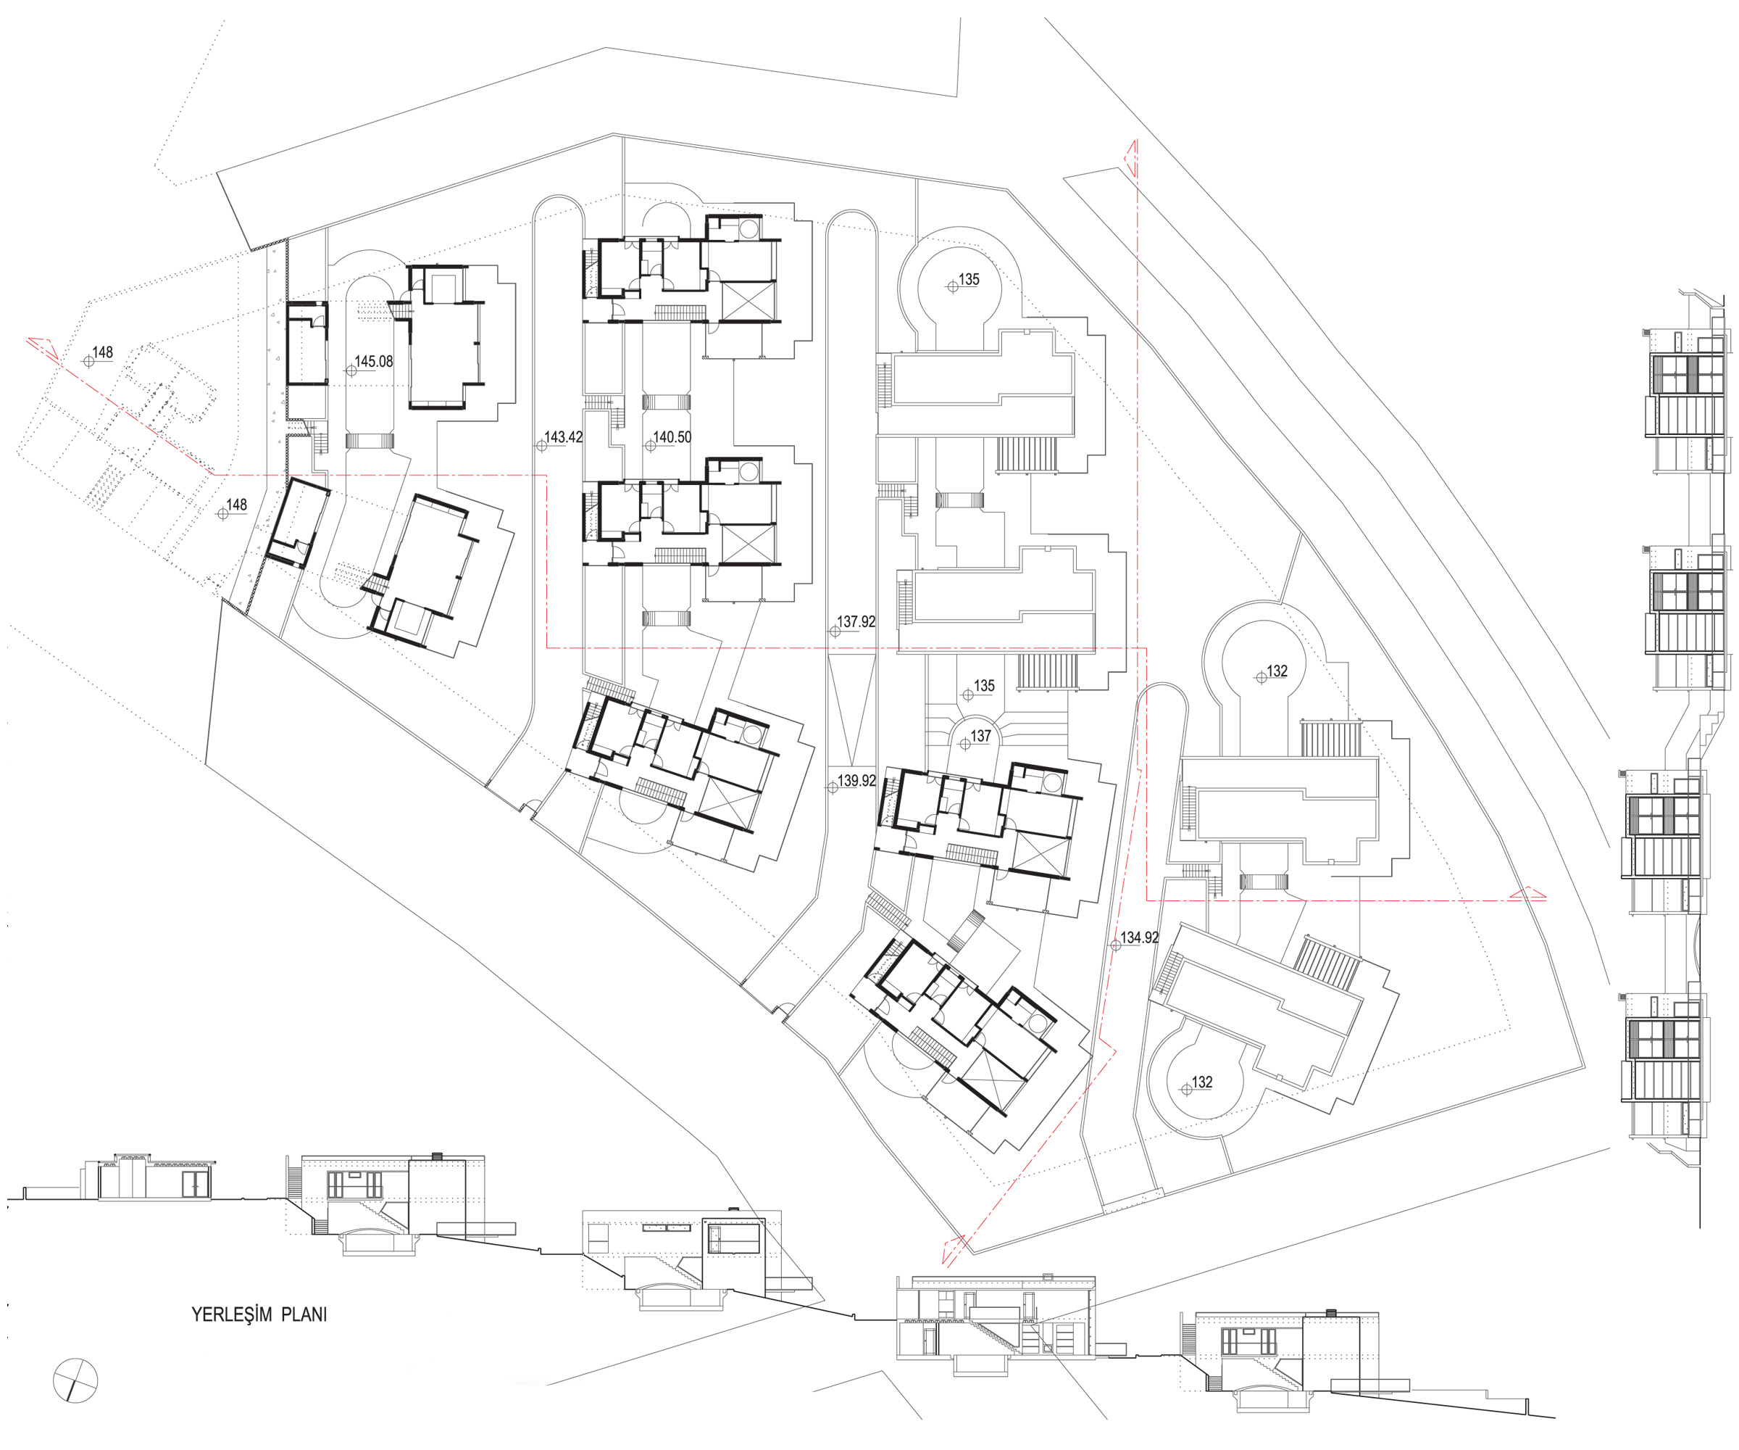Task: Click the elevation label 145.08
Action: pyautogui.click(x=373, y=362)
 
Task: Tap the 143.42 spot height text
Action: pyautogui.click(x=563, y=437)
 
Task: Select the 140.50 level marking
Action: pyautogui.click(x=672, y=437)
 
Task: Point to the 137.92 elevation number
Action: pyautogui.click(x=856, y=622)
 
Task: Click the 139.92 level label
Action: pyautogui.click(x=856, y=781)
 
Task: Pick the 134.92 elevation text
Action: pyautogui.click(x=1140, y=938)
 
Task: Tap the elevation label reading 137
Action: pyautogui.click(x=980, y=736)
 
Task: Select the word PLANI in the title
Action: pyautogui.click(x=304, y=1315)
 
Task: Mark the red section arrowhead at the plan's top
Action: pyautogui.click(x=1130, y=157)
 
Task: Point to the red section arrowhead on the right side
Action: pyautogui.click(x=1528, y=893)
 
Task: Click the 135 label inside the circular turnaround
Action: pyautogui.click(x=969, y=280)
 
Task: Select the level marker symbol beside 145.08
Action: pyautogui.click(x=351, y=370)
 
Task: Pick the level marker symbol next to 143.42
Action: pyautogui.click(x=541, y=446)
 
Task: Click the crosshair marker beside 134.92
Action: pyautogui.click(x=1115, y=945)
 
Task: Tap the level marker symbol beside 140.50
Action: pyautogui.click(x=650, y=446)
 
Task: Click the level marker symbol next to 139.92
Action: pyautogui.click(x=833, y=788)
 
